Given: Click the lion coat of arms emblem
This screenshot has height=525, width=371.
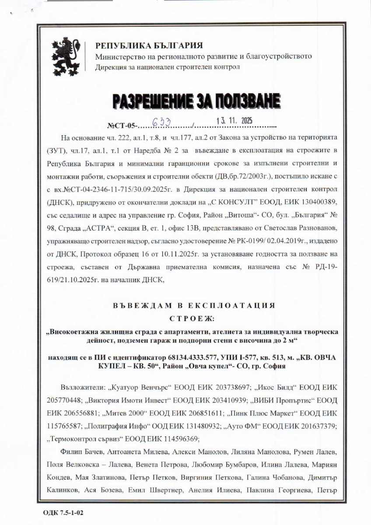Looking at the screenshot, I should pyautogui.click(x=67, y=57).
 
